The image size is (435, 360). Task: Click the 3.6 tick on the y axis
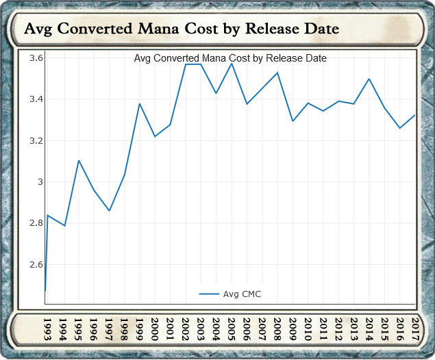click(36, 58)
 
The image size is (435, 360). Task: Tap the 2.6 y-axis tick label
click(36, 264)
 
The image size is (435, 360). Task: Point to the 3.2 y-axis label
click(36, 141)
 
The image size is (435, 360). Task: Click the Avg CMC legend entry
click(230, 294)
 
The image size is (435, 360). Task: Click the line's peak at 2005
click(232, 64)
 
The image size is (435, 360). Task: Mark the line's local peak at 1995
click(79, 161)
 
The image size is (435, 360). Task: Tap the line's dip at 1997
click(110, 211)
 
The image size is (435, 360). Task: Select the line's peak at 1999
click(140, 104)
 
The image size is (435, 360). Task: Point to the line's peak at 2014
click(370, 79)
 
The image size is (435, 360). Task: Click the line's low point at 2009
click(293, 121)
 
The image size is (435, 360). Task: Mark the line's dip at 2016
click(400, 128)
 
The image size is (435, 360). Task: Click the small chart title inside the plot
click(230, 58)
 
